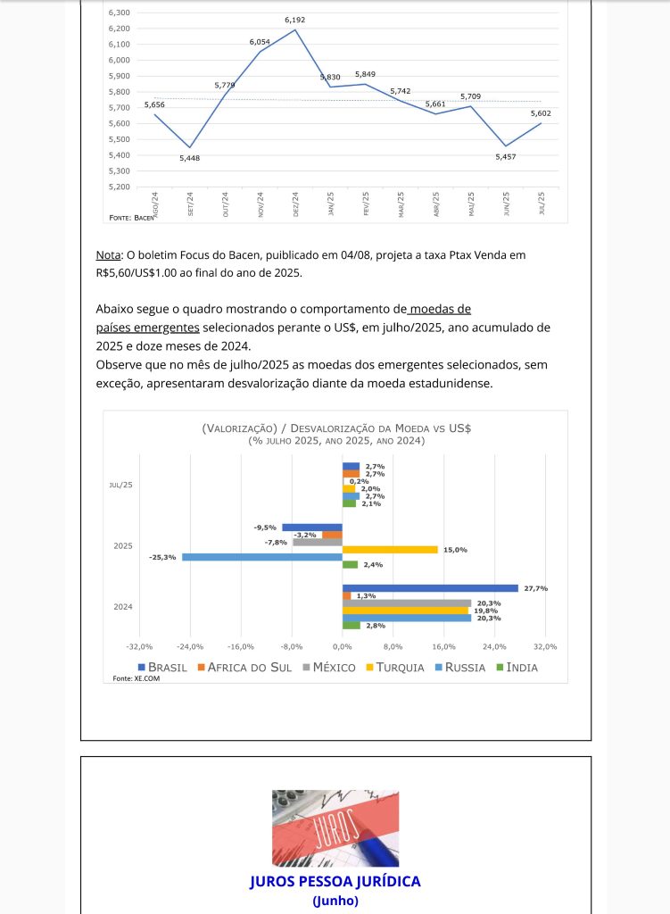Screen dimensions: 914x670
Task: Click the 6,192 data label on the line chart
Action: pos(294,20)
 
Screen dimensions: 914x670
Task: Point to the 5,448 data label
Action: pos(189,158)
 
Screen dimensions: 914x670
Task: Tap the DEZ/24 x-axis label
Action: pos(295,204)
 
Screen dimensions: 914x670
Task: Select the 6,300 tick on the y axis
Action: pos(118,12)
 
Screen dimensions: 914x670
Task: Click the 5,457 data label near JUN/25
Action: pos(505,156)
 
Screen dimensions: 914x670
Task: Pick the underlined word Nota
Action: pos(108,255)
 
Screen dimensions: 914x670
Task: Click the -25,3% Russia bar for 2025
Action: pos(262,557)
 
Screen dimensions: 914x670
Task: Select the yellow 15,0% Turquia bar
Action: pos(390,550)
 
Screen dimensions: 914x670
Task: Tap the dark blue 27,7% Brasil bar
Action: pos(430,588)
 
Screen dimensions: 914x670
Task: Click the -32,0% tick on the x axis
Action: pos(140,646)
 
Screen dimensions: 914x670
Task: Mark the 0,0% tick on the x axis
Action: pos(343,646)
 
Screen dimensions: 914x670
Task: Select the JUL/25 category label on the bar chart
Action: pos(121,485)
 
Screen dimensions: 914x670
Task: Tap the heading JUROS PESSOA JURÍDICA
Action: pos(335,881)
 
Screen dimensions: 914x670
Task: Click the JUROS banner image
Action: pos(335,828)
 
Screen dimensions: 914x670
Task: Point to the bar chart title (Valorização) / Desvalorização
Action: pos(335,428)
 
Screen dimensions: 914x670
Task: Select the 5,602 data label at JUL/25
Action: pos(541,113)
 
